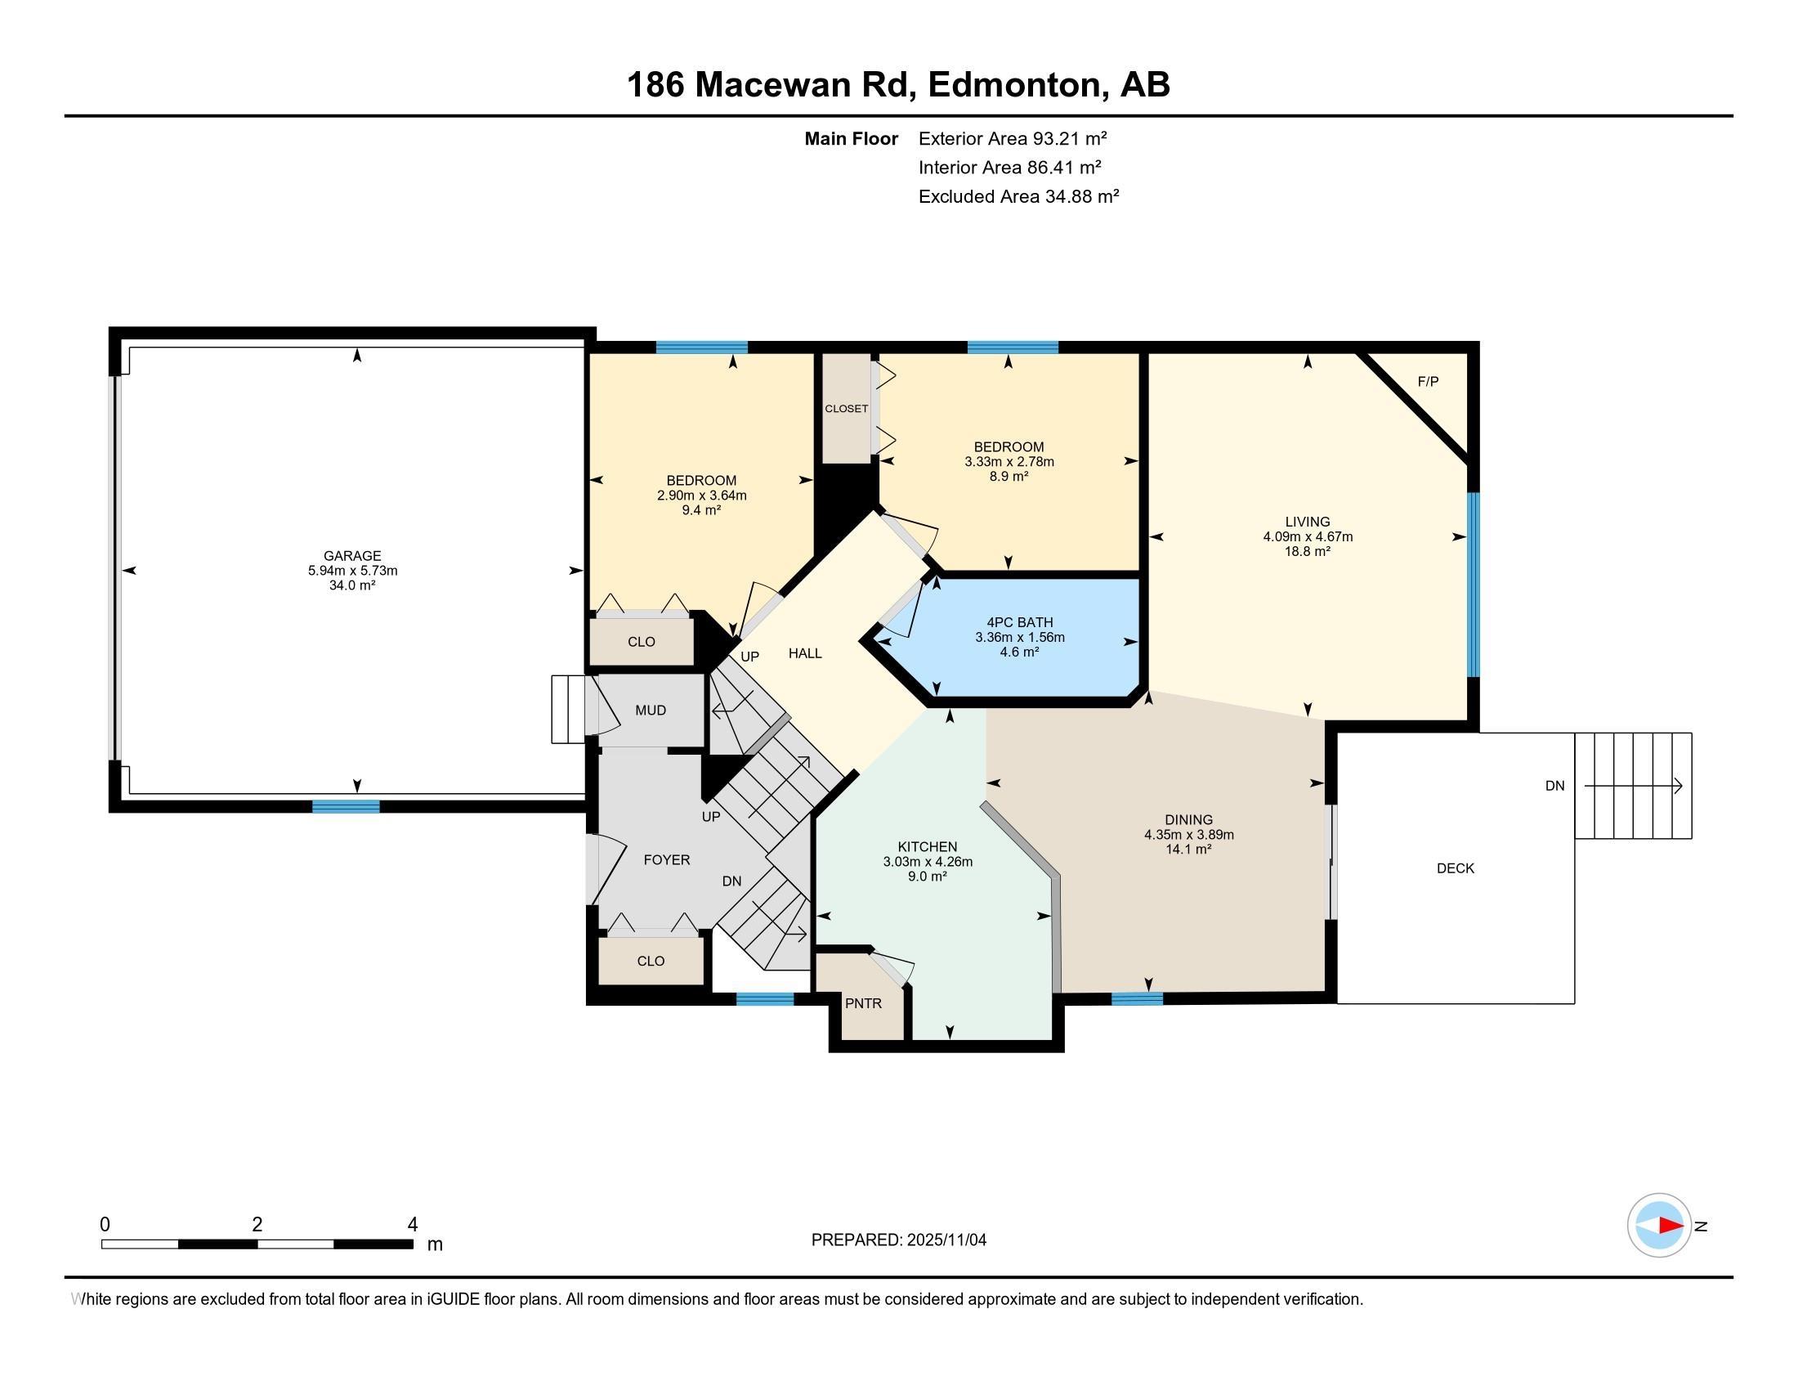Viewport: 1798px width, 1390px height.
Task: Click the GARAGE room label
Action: [x=352, y=556]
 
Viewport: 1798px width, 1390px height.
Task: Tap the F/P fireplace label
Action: [x=1428, y=381]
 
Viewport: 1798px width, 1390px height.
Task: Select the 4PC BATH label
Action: [x=1019, y=622]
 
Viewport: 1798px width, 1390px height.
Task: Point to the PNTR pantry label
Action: [x=863, y=1003]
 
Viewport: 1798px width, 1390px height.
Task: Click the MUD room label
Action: [x=651, y=710]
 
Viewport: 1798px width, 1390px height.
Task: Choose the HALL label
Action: [x=805, y=653]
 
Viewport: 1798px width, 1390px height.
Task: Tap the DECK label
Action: [x=1456, y=868]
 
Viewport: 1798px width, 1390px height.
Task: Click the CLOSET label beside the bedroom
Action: [x=847, y=409]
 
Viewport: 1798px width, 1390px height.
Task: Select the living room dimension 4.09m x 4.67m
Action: [x=1308, y=537]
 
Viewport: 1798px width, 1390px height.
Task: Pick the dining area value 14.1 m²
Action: [x=1189, y=849]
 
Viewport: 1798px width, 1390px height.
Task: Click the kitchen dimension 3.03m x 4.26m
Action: [x=928, y=861]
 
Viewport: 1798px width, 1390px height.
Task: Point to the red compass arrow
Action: [x=1671, y=1226]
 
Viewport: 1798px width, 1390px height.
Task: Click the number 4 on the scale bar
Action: [x=413, y=1225]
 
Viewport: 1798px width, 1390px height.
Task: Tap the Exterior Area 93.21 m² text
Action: [x=1013, y=138]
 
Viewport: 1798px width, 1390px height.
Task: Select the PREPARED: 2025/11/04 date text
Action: [x=899, y=1240]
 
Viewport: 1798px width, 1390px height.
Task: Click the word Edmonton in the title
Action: [x=1016, y=86]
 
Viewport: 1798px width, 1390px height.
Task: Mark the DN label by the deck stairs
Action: [x=1554, y=786]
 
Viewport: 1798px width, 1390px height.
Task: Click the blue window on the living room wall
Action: [x=1474, y=585]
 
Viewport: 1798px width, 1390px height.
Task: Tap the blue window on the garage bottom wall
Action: [x=346, y=806]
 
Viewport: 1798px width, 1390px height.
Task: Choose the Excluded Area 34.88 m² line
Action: [x=1018, y=196]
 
